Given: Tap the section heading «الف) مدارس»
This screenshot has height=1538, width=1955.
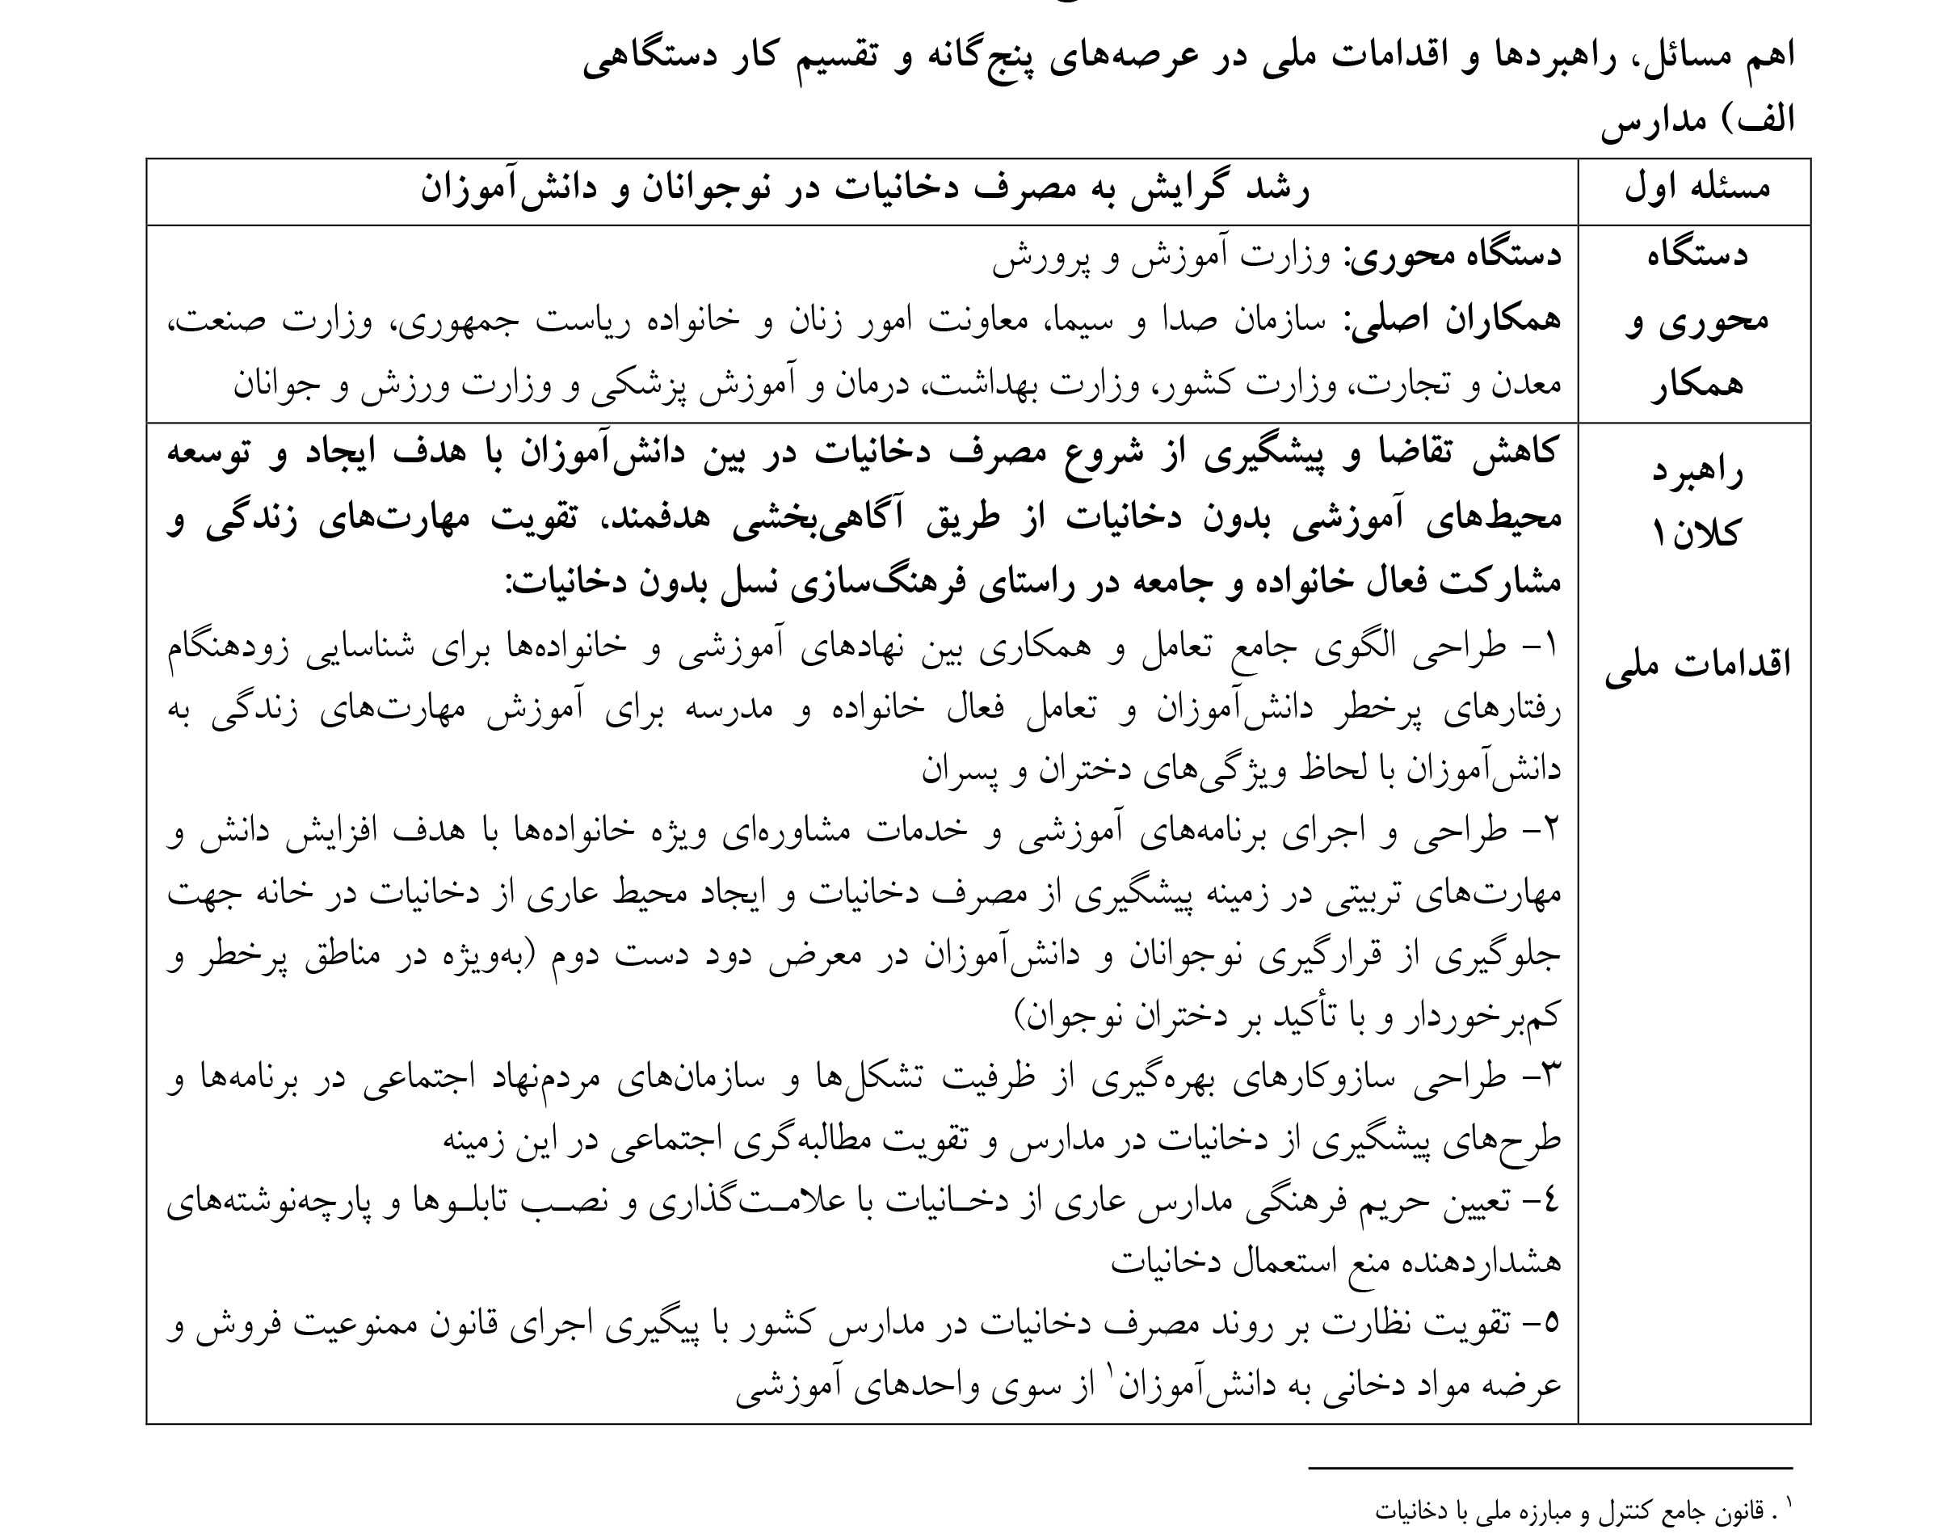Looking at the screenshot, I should [1696, 120].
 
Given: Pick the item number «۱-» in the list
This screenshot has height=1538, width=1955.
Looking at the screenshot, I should [1538, 647].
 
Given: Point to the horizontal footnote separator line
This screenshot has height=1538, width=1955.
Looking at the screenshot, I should [1550, 1468].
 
